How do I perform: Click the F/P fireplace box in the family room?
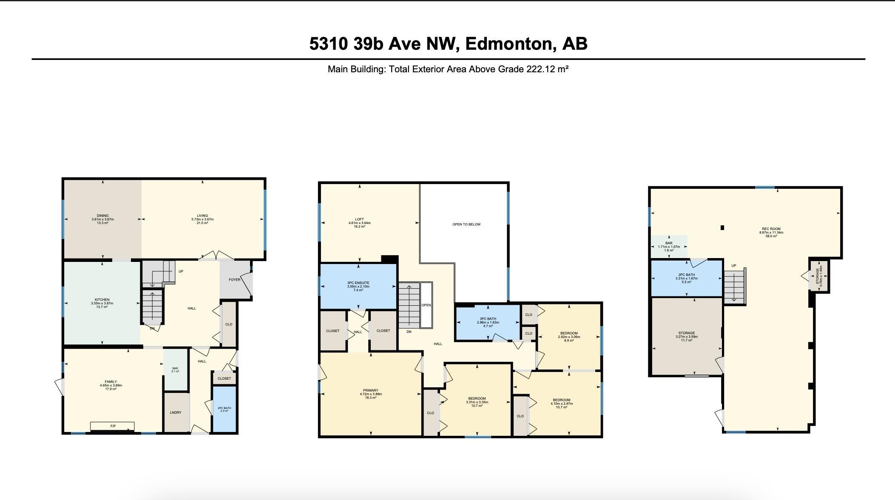click(x=113, y=426)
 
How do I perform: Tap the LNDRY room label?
click(x=176, y=412)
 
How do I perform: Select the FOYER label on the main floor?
click(x=234, y=280)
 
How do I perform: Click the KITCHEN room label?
click(x=102, y=300)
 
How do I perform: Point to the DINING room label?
click(x=102, y=216)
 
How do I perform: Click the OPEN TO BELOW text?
click(x=466, y=224)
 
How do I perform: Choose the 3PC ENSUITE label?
click(x=358, y=283)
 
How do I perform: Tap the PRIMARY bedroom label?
click(x=371, y=391)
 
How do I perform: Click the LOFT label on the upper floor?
click(x=360, y=220)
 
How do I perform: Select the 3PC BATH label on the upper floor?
click(x=488, y=319)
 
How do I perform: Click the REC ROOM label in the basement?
click(x=771, y=229)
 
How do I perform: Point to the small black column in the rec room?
click(x=722, y=228)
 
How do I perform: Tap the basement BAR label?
click(x=669, y=243)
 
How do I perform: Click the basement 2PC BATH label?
click(x=687, y=275)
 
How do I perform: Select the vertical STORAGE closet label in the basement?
click(x=817, y=276)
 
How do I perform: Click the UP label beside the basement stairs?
click(x=733, y=266)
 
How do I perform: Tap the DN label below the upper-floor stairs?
click(x=409, y=332)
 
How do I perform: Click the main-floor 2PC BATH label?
click(x=224, y=408)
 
